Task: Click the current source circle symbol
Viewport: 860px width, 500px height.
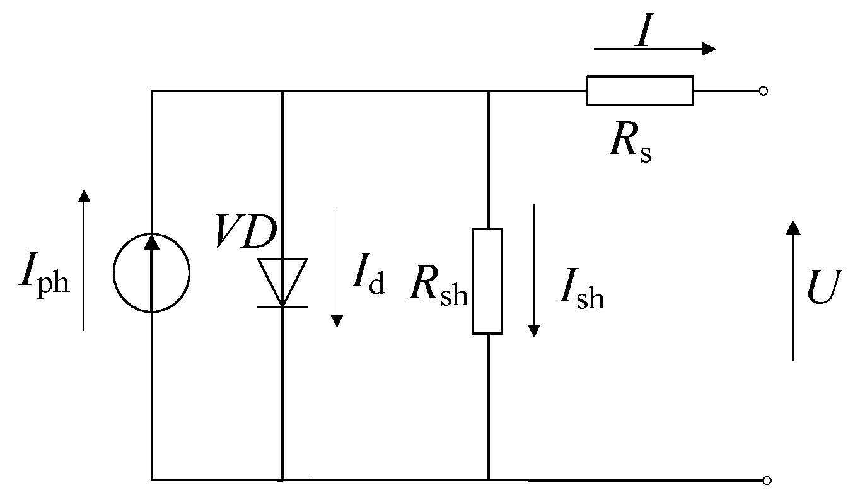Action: (151, 273)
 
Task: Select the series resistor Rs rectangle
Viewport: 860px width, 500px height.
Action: (639, 90)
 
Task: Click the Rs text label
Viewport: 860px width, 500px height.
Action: (629, 146)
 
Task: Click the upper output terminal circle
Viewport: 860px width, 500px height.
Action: (763, 91)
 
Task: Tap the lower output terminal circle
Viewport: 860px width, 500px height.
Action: (766, 480)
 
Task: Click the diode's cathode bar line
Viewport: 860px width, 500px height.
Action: (282, 306)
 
